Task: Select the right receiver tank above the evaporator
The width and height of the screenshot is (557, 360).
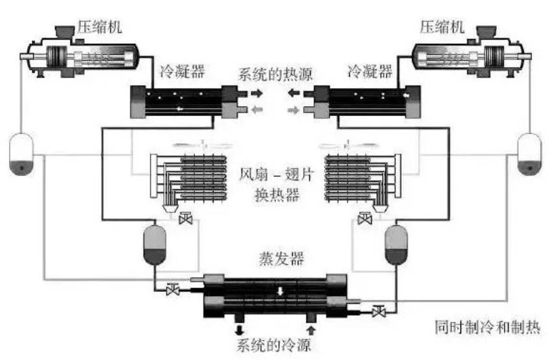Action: click(396, 244)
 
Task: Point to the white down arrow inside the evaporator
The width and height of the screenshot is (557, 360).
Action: click(280, 293)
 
